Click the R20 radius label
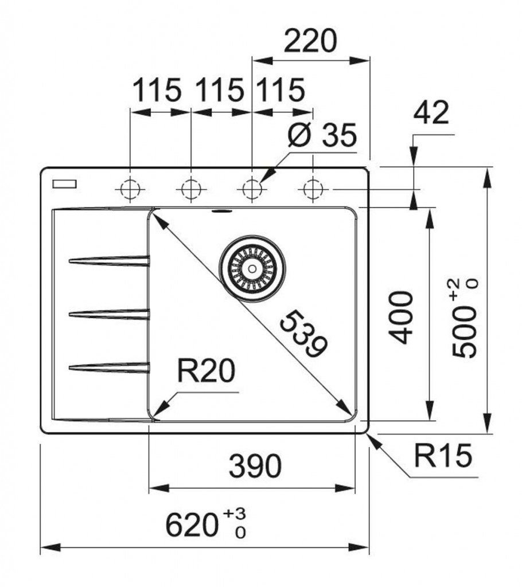coord(205,372)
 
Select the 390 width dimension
coord(255,467)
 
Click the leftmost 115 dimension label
coord(157,91)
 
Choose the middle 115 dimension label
coord(220,91)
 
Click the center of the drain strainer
coord(251,268)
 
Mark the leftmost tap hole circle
coord(131,188)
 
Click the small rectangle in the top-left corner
coord(64,183)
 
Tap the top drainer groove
coord(109,261)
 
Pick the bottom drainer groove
coord(109,367)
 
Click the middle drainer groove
coord(109,313)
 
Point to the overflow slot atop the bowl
coord(221,211)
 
